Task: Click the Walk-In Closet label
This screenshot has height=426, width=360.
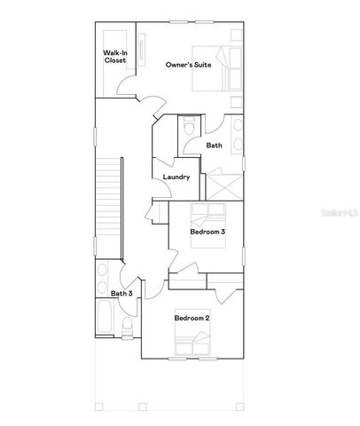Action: [x=113, y=58]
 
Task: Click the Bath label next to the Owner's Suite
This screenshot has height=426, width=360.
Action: [x=214, y=145]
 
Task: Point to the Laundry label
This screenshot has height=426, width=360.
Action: [x=176, y=177]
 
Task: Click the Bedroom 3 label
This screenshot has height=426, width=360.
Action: [x=207, y=232]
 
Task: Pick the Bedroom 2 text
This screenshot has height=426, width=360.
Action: [x=192, y=318]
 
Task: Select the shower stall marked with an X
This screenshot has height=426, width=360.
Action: [x=221, y=185]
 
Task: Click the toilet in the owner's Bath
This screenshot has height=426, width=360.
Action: [x=187, y=129]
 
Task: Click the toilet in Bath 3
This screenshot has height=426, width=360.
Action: [x=127, y=329]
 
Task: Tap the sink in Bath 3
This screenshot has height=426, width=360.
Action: [x=102, y=272]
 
